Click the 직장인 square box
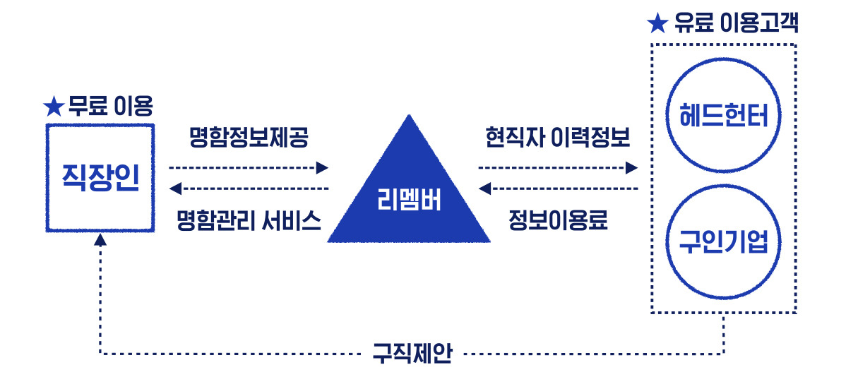100,177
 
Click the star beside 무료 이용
54,107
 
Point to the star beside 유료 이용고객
657,24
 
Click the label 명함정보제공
249,136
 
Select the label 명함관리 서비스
249,221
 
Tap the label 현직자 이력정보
557,136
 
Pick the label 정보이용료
557,221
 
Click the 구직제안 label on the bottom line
412,352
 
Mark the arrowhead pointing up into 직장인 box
100,240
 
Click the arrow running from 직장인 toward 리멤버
249,168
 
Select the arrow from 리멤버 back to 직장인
249,188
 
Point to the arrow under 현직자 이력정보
557,168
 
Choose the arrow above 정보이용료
557,188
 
